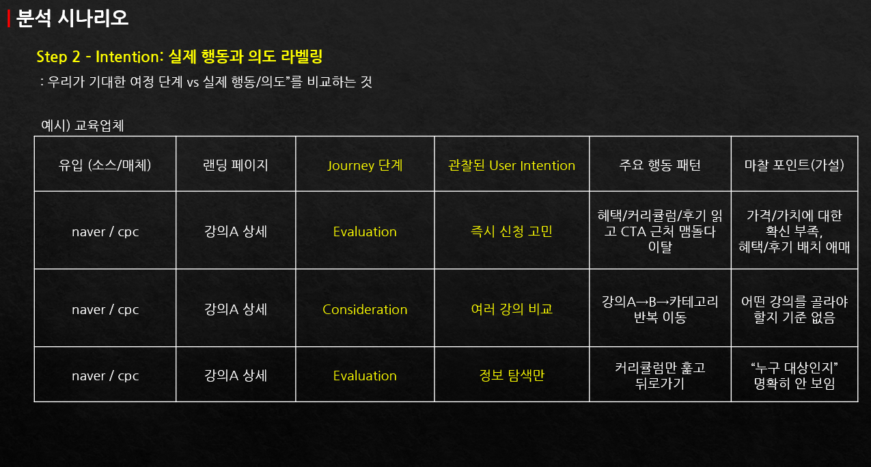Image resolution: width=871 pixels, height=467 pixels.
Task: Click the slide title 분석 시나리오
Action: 72,18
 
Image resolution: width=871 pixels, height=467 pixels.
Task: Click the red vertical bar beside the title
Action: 8,19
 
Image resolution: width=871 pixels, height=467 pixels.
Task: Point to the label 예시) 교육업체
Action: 82,126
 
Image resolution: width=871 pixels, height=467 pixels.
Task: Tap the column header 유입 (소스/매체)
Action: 105,165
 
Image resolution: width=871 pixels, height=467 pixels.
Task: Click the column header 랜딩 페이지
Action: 235,165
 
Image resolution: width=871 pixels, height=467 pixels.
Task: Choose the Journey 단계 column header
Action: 365,165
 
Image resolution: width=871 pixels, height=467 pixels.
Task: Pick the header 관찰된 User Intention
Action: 512,165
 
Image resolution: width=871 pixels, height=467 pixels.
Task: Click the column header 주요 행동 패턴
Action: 659,165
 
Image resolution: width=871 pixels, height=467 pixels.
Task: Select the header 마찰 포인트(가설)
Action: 794,165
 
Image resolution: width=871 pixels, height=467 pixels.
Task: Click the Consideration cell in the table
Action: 365,309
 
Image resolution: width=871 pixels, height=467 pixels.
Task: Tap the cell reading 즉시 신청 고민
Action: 512,231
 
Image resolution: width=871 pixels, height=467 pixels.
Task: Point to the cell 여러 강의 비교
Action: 512,309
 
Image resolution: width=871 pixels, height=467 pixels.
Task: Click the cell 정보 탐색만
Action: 512,376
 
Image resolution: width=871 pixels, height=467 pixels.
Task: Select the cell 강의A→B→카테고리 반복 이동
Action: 659,309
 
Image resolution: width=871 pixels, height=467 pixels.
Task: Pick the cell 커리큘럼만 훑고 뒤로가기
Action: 659,376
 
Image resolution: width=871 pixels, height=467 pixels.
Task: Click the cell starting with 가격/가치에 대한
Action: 794,231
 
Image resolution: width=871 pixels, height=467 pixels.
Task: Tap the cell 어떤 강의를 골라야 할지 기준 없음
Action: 794,309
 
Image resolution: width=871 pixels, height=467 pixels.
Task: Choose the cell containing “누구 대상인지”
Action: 794,376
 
